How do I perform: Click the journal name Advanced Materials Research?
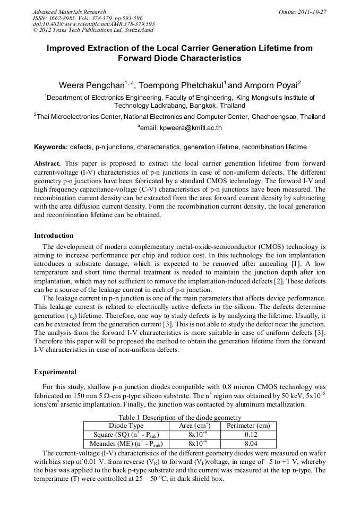[x=69, y=12]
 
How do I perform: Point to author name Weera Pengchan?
[x=91, y=85]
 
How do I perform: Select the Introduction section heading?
[x=54, y=235]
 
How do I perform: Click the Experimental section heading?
[x=55, y=372]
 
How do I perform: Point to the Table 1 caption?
[x=179, y=418]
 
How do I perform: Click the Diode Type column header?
[x=126, y=426]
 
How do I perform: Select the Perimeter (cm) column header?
[x=248, y=426]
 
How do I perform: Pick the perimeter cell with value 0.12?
[x=248, y=435]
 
